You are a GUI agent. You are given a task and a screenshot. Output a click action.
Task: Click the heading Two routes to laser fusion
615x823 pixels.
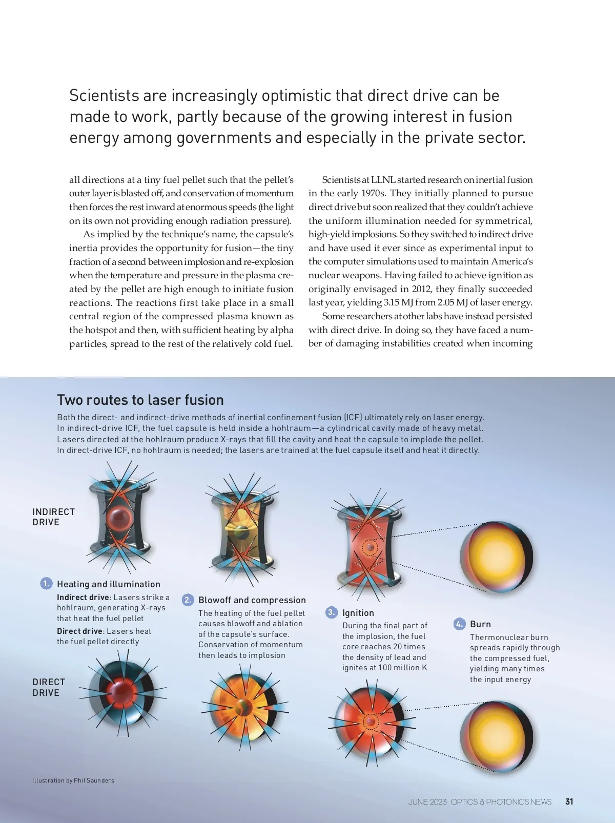click(140, 400)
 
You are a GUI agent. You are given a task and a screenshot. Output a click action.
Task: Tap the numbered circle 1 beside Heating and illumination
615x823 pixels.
click(46, 584)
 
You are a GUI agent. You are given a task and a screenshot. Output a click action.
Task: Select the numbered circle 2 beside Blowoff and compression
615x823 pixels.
click(188, 600)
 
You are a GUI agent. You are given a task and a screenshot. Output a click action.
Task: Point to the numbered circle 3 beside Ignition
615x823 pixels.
click(332, 612)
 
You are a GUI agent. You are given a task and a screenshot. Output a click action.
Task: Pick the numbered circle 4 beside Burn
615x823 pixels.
click(459, 624)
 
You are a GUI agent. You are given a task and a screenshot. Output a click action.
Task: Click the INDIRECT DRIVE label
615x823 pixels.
click(53, 517)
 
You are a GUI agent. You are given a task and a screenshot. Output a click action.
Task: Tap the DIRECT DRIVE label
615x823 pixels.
click(49, 687)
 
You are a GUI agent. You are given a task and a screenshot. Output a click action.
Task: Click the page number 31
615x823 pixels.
click(569, 801)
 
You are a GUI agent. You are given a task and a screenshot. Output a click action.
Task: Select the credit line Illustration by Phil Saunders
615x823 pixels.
click(73, 780)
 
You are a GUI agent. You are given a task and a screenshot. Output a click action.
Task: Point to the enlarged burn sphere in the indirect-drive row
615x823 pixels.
click(496, 557)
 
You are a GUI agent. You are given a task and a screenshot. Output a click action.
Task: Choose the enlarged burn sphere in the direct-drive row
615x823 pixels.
click(496, 736)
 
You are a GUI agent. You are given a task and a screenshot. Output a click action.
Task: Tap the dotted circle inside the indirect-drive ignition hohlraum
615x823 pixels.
click(370, 547)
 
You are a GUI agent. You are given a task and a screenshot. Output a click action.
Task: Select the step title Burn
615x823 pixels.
click(480, 624)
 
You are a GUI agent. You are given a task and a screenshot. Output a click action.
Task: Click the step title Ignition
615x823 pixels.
click(358, 613)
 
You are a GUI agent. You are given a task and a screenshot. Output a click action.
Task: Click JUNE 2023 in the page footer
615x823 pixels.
click(427, 801)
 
